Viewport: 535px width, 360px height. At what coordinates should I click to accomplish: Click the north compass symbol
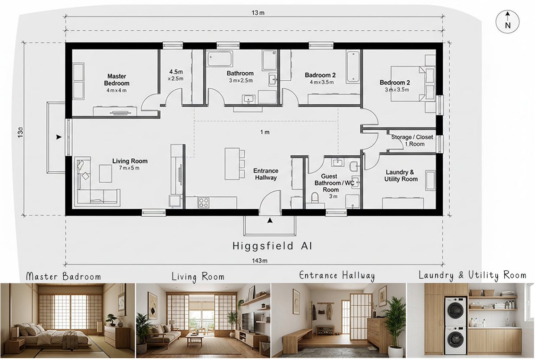(507, 22)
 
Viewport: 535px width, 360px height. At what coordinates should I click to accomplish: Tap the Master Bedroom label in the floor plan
(116, 80)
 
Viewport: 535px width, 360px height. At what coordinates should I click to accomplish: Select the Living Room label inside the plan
(130, 164)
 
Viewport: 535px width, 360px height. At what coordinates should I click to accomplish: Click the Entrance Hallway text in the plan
(266, 174)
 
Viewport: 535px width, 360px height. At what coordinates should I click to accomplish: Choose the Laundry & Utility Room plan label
(401, 175)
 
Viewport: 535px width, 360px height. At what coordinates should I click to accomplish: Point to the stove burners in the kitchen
(204, 203)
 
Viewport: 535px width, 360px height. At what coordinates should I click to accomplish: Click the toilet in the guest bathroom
(315, 198)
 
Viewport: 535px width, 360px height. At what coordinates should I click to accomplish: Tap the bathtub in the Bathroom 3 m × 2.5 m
(220, 58)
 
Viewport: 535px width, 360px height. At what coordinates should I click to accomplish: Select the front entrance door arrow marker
(269, 220)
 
